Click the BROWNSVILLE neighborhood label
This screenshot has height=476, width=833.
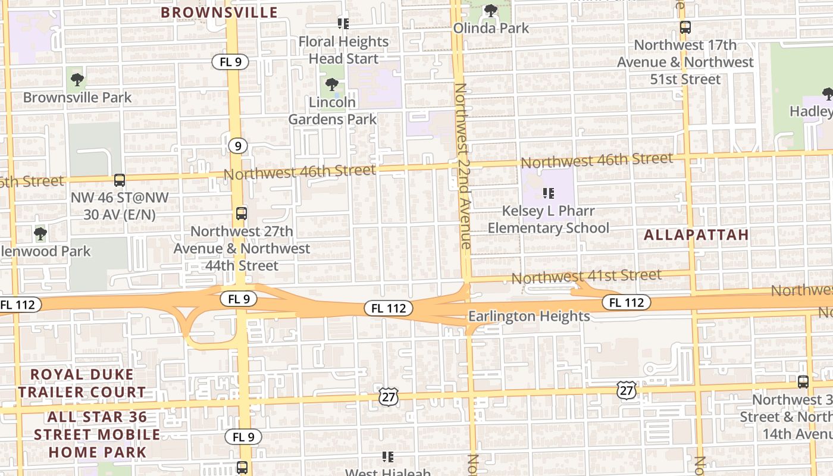pos(219,12)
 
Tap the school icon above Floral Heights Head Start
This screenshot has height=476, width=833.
pos(343,23)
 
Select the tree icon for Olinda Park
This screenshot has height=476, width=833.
pos(491,10)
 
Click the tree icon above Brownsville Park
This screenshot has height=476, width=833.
pos(77,79)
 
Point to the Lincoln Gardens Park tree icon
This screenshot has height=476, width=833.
pos(332,84)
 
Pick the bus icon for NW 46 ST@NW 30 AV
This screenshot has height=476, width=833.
pos(120,180)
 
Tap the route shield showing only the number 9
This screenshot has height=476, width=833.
pos(237,145)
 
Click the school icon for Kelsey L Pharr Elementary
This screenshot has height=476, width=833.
pos(549,193)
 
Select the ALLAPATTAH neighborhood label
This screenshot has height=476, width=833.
pos(696,234)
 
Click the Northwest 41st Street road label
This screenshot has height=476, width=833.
pos(586,276)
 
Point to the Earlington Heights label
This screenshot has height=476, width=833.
pos(529,316)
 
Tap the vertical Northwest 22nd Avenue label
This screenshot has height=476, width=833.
pos(462,166)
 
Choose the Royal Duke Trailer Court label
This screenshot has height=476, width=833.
pos(82,383)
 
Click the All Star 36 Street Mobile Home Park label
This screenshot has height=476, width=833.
pos(96,434)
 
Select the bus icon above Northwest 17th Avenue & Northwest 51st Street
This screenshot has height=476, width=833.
pos(685,27)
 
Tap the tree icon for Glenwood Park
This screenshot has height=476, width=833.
pos(40,233)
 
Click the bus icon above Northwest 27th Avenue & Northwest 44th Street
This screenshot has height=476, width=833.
pos(242,213)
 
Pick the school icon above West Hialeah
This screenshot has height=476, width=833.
pos(388,457)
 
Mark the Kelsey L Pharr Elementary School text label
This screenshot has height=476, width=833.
pos(548,220)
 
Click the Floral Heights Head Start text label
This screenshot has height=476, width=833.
pos(344,50)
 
